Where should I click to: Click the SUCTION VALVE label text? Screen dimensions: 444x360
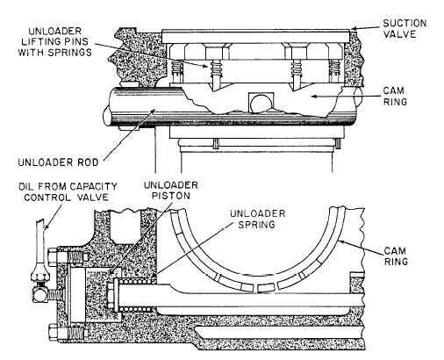(x=405, y=29)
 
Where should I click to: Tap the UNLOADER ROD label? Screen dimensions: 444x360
(x=59, y=162)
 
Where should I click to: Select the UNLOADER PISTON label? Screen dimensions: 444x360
(x=171, y=191)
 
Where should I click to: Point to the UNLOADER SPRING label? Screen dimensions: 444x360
(x=257, y=219)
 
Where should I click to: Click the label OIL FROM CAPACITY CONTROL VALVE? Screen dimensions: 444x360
(x=68, y=191)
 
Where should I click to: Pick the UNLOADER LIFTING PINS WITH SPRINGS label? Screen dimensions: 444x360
(x=55, y=41)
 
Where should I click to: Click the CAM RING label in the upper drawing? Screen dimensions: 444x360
(x=395, y=96)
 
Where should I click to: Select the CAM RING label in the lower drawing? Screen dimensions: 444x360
(x=396, y=256)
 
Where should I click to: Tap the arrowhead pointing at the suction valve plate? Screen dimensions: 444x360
(x=354, y=29)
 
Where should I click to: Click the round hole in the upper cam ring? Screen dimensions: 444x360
(x=261, y=103)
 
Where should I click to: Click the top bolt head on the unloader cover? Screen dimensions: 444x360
(x=52, y=257)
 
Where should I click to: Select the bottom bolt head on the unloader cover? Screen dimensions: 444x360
(x=53, y=332)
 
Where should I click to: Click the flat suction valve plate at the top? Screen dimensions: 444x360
(x=255, y=36)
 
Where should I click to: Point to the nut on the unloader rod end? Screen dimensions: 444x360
(x=111, y=295)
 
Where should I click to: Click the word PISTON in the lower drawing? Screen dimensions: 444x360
(x=171, y=196)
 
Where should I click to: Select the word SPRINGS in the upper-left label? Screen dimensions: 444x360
(x=72, y=52)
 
